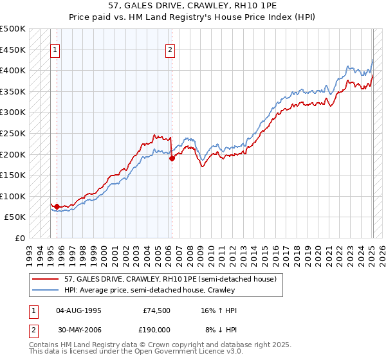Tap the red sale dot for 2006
click(x=172, y=159)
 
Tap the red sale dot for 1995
click(x=57, y=207)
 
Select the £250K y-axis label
click(x=13, y=133)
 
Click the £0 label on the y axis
click(x=20, y=238)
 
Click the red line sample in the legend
click(x=47, y=279)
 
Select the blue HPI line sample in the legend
click(x=47, y=290)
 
